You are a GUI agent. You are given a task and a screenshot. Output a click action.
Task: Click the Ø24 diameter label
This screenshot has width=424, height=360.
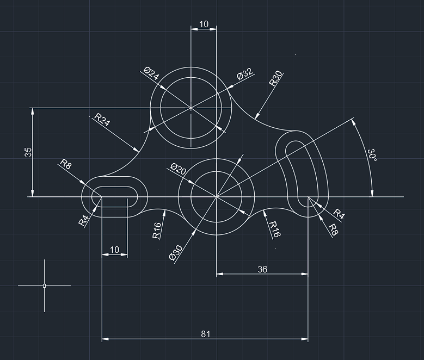151,73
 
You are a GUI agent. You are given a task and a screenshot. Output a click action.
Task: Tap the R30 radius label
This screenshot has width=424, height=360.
276,79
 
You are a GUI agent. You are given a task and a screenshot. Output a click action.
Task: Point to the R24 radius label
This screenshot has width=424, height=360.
102,120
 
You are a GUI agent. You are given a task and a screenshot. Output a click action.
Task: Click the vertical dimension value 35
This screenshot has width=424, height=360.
28,152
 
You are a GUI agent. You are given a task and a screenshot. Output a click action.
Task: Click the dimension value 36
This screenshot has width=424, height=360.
262,269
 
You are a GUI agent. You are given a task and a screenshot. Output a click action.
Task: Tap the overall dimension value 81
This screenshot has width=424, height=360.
205,334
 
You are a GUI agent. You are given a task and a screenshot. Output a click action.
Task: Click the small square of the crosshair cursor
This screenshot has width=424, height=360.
44,285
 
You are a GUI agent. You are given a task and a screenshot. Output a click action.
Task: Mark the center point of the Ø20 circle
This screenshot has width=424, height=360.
217,196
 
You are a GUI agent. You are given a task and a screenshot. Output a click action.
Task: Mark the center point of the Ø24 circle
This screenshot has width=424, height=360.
191,108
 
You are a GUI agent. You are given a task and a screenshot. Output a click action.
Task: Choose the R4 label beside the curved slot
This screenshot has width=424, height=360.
339,214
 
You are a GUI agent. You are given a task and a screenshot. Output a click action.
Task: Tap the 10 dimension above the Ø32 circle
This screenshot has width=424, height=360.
204,24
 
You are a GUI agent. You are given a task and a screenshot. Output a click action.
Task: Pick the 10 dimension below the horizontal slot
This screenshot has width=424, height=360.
114,250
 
